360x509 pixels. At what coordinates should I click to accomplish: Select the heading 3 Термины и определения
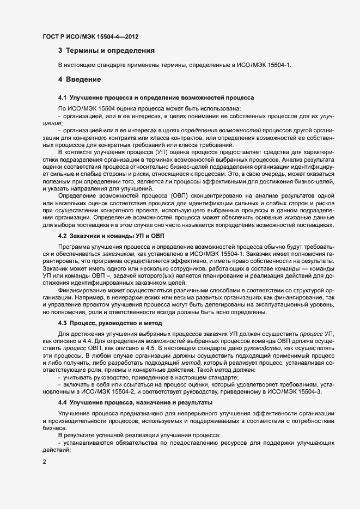[106, 51]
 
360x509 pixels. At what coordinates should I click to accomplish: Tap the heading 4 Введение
[80, 80]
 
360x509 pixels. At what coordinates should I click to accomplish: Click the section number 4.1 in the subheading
[62, 98]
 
